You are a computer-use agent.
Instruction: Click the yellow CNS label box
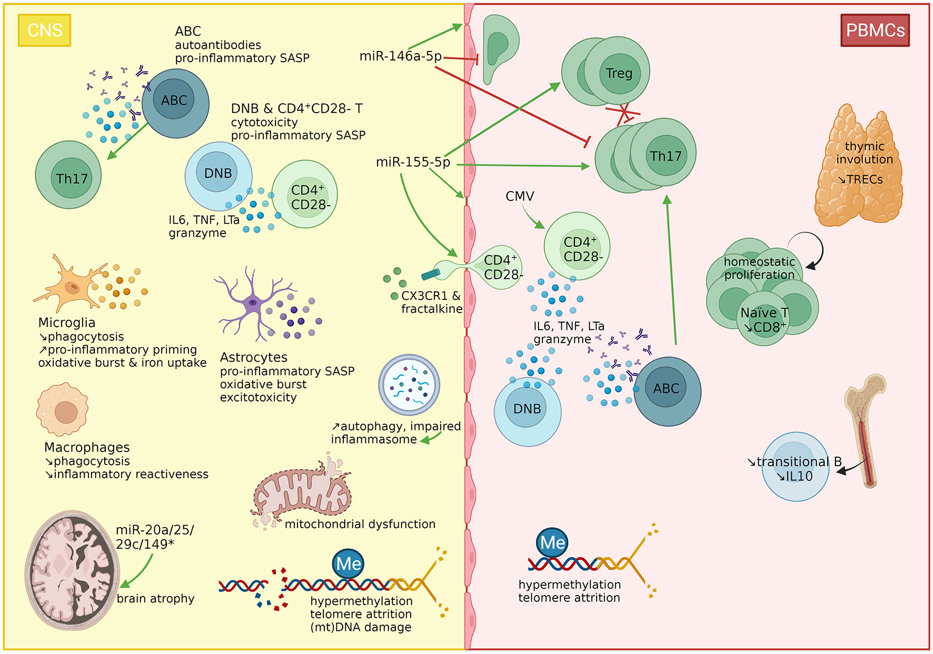pyautogui.click(x=45, y=31)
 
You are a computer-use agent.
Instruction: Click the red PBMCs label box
pyautogui.click(x=875, y=31)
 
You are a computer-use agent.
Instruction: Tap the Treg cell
pyautogui.click(x=618, y=73)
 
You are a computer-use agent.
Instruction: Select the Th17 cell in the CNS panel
pyautogui.click(x=68, y=175)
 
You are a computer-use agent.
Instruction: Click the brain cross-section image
pyautogui.click(x=73, y=570)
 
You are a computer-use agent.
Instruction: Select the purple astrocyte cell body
pyautogui.click(x=253, y=303)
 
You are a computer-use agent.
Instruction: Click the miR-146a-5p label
pyautogui.click(x=400, y=56)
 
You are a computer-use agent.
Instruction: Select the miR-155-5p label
pyautogui.click(x=413, y=162)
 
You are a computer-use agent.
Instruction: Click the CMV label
pyautogui.click(x=520, y=196)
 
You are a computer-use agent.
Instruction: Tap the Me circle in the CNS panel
pyautogui.click(x=349, y=564)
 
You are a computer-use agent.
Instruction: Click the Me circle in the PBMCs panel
pyautogui.click(x=553, y=542)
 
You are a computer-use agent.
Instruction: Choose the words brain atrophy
pyautogui.click(x=155, y=599)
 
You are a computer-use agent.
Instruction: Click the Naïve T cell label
pyautogui.click(x=765, y=313)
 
